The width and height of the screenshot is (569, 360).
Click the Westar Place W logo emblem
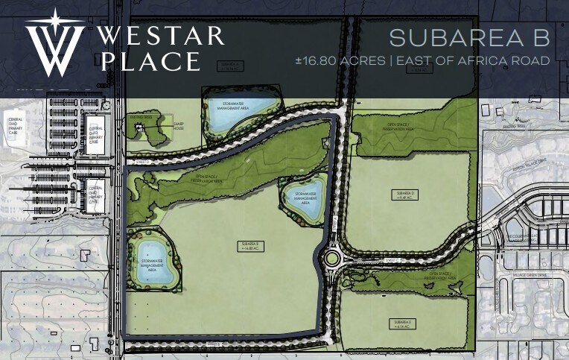click(54, 43)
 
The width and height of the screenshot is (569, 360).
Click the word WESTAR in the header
click(160, 36)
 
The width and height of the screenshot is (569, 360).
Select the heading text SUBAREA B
click(469, 37)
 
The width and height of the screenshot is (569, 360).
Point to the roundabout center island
click(331, 259)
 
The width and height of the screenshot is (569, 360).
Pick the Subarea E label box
click(401, 323)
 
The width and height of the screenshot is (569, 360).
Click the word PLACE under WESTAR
click(150, 61)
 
